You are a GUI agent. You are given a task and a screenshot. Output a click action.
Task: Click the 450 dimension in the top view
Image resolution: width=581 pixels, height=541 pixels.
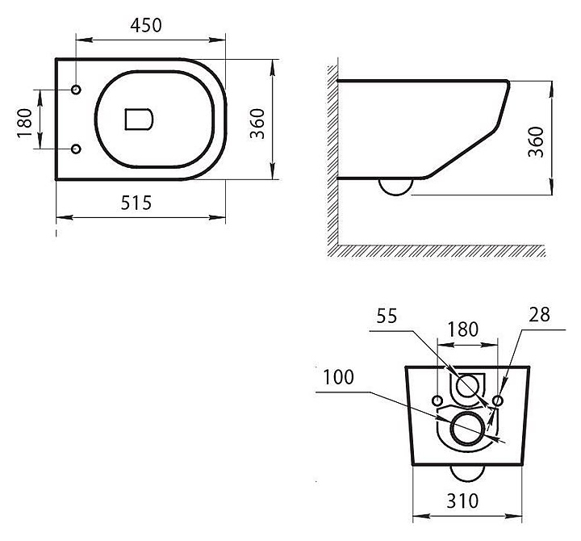(x=146, y=25)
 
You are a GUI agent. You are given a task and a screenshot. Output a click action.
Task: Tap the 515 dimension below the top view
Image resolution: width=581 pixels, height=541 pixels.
(x=136, y=203)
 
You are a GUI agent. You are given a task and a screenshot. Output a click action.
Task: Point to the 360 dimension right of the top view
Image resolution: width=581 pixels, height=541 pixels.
(x=257, y=121)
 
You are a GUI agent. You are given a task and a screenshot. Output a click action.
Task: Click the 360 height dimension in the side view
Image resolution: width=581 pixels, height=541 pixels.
(x=535, y=142)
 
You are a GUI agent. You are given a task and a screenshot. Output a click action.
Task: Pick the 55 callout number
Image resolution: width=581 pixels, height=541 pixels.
(x=386, y=317)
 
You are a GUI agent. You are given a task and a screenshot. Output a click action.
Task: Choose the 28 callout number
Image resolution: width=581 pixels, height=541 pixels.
(x=540, y=316)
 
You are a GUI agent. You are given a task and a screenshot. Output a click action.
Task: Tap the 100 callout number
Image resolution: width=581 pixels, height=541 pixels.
(x=339, y=377)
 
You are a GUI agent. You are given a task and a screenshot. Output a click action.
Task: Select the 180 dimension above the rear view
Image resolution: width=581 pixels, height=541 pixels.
(x=462, y=329)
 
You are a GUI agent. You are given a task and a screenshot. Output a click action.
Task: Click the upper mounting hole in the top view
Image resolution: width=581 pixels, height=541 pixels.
(x=77, y=89)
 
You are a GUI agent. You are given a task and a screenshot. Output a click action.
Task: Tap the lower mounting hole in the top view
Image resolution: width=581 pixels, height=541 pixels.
(x=77, y=149)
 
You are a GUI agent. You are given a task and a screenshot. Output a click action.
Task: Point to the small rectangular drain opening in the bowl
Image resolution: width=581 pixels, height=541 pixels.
(x=139, y=119)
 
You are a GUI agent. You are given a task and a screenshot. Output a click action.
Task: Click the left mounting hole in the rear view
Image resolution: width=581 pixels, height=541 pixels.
(x=437, y=401)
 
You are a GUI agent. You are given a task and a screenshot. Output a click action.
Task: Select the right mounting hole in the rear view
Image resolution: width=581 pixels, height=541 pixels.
(x=498, y=401)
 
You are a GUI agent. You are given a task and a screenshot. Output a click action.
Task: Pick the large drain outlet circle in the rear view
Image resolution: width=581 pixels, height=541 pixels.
(x=467, y=429)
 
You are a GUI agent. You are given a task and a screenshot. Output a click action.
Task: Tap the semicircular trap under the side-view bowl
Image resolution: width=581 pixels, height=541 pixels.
(x=396, y=187)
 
